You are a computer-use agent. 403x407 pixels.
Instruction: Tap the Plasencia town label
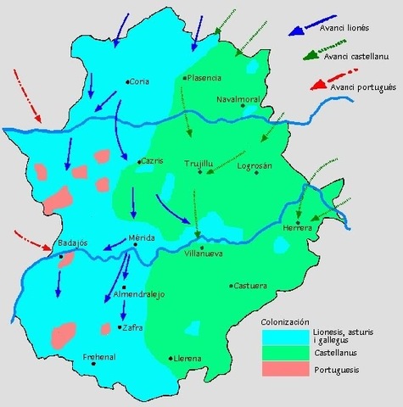point(204,77)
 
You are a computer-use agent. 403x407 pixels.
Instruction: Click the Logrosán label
point(255,165)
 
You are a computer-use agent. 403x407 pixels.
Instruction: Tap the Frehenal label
point(99,358)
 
